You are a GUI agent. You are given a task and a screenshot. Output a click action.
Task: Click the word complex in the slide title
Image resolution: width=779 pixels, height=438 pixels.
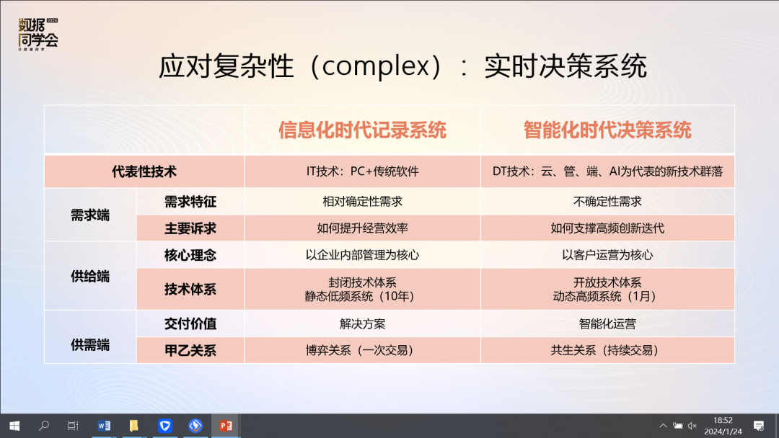click(376, 67)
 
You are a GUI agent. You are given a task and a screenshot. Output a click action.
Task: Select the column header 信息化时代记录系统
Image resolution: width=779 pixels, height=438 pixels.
click(362, 130)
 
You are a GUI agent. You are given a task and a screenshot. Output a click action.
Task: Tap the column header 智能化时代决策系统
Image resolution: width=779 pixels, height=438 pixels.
click(607, 130)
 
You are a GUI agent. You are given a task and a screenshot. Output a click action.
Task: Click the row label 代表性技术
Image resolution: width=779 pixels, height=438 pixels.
click(144, 171)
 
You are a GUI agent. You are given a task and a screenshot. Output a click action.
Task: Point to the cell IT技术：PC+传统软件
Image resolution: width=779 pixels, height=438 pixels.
click(362, 171)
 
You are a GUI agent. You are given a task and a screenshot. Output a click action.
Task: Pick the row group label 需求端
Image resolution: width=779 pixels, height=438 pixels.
click(90, 215)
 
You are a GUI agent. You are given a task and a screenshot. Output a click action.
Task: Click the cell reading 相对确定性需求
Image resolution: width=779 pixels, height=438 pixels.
click(362, 202)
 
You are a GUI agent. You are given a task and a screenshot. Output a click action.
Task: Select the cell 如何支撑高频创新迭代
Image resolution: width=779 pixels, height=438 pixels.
click(607, 228)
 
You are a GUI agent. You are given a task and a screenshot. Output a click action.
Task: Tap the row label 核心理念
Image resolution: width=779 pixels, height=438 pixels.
click(190, 255)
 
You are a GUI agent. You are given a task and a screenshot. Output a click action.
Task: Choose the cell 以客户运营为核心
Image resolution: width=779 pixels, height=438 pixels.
click(607, 255)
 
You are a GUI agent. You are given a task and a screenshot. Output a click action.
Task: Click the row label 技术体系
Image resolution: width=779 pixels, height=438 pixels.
click(190, 289)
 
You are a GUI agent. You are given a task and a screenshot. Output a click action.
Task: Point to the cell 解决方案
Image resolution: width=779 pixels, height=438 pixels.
click(362, 324)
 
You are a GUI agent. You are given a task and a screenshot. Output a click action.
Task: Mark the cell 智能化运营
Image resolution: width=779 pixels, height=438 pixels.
click(607, 324)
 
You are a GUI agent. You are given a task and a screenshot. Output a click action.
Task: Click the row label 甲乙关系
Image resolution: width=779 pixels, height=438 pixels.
click(190, 351)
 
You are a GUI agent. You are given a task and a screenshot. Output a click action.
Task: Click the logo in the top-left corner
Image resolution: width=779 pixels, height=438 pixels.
click(38, 35)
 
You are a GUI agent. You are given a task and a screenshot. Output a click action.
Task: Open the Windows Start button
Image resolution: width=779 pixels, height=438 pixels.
click(14, 426)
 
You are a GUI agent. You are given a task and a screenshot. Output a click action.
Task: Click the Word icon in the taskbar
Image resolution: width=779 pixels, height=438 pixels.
click(104, 426)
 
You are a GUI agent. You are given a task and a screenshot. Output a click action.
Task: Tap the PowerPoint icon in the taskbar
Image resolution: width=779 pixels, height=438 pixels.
click(226, 426)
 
